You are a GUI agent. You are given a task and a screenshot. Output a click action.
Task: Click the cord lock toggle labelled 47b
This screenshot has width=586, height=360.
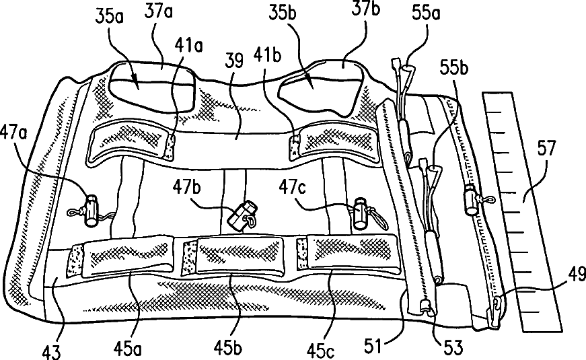[242, 213]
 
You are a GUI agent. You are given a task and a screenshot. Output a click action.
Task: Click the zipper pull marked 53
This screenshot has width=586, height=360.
[427, 308]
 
